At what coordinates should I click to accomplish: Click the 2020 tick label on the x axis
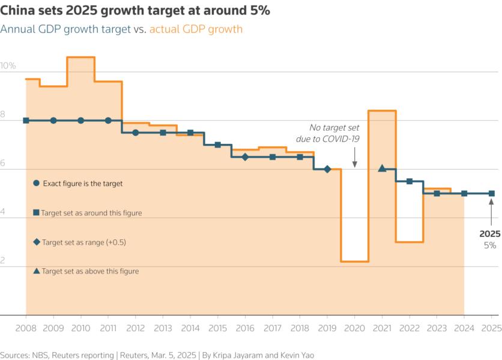point(354,329)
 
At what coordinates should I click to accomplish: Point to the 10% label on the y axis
point(8,65)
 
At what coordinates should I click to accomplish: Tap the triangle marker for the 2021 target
point(382,169)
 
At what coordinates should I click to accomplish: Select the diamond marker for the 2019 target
point(327,169)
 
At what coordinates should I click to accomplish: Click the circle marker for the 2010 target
point(81,121)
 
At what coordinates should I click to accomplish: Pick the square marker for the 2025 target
point(491,193)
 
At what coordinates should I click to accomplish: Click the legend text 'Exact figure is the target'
point(82,184)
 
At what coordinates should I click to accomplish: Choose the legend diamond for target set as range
point(37,242)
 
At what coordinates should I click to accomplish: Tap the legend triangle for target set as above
point(37,271)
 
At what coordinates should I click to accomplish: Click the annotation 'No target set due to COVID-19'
point(334,133)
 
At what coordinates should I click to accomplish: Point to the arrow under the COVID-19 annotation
point(354,159)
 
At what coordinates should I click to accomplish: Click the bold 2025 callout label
point(489,234)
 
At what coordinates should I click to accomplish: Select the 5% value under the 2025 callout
point(490,245)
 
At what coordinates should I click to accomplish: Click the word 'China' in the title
point(17,11)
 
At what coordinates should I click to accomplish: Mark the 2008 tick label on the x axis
point(26,329)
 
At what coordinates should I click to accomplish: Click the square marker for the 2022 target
point(410,181)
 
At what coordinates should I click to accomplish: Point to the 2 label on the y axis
point(4,261)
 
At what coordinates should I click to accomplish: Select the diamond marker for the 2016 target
point(245,157)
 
